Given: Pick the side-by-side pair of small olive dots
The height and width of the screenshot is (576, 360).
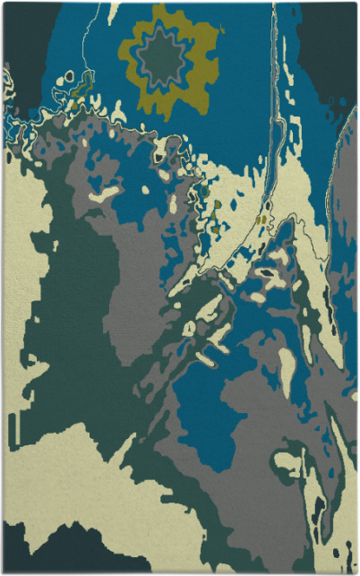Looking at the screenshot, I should click(261, 219).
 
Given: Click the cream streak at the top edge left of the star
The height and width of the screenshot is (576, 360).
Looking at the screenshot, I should click(114, 13).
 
